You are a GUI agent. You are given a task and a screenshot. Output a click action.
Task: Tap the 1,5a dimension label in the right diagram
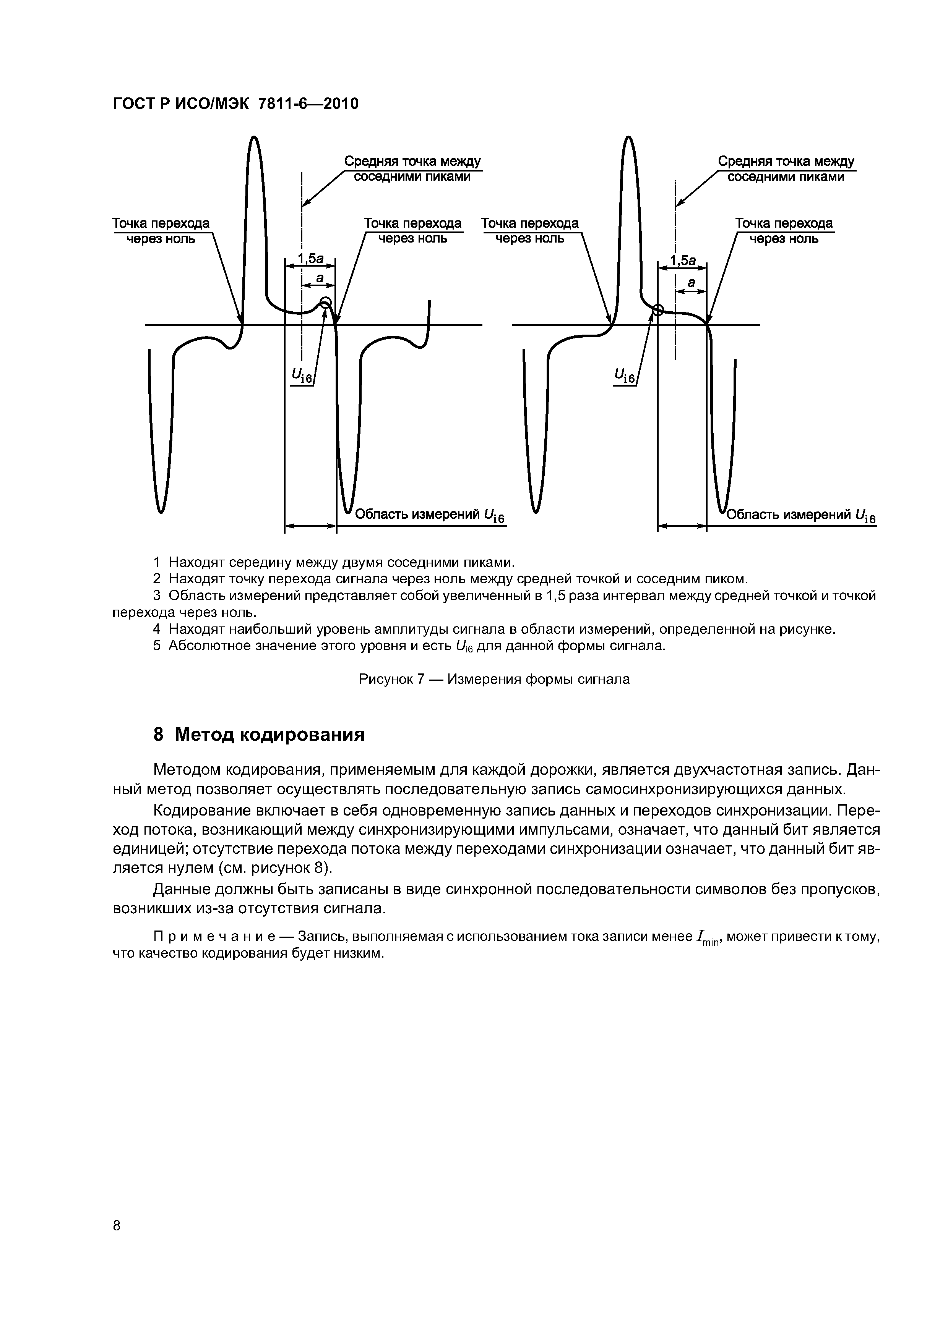click(x=683, y=260)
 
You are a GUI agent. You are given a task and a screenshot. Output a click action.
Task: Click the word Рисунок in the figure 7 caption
click(x=386, y=679)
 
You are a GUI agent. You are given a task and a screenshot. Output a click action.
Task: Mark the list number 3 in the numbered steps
click(x=157, y=596)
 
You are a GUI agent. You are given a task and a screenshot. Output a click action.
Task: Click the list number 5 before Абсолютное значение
click(x=157, y=646)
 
